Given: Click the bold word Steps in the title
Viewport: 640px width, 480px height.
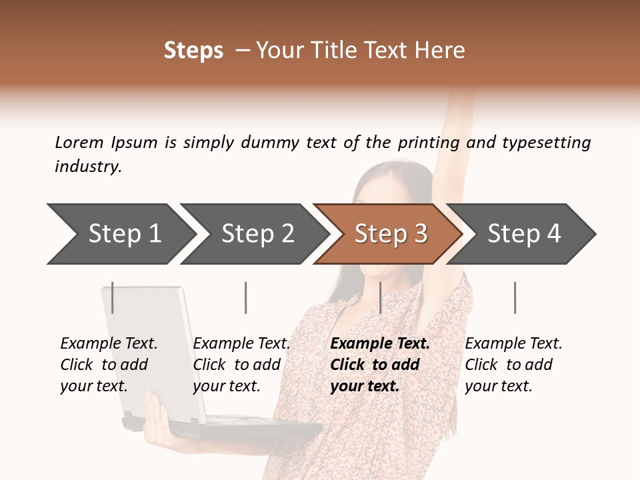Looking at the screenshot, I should pyautogui.click(x=193, y=51).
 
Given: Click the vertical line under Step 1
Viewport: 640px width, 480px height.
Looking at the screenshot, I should pyautogui.click(x=113, y=297).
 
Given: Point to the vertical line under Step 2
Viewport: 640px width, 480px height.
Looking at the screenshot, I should pyautogui.click(x=246, y=297).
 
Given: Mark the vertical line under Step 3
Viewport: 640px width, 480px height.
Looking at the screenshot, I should pyautogui.click(x=380, y=297).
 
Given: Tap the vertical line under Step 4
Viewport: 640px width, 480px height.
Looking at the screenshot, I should pyautogui.click(x=515, y=297).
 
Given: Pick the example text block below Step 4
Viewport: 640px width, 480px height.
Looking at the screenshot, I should pyautogui.click(x=513, y=365).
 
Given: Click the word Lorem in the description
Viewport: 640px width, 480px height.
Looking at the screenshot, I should pyautogui.click(x=79, y=143).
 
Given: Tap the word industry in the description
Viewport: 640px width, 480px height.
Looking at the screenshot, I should pyautogui.click(x=88, y=167).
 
